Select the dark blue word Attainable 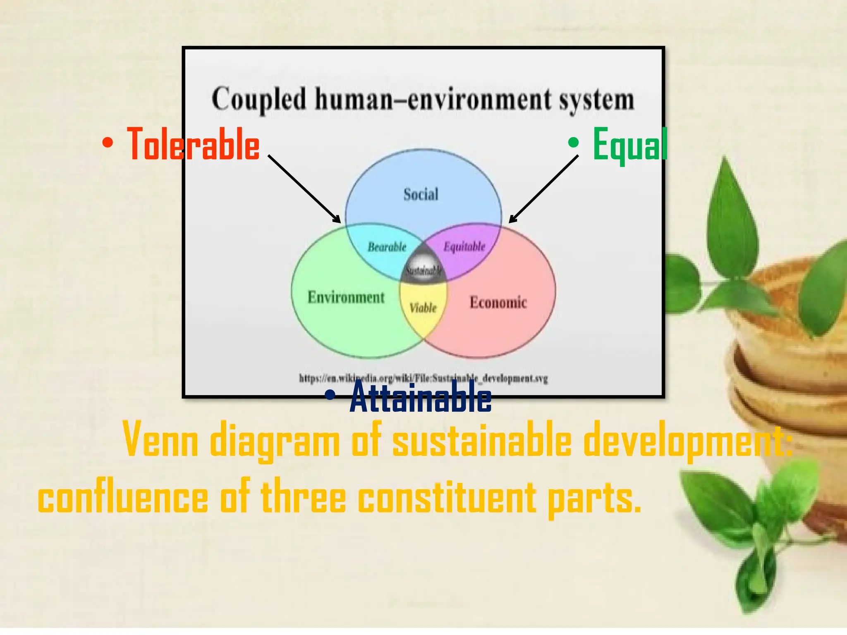point(421,397)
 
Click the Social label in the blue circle point(421,194)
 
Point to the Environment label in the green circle point(346,297)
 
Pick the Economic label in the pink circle point(498,302)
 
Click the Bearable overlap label point(387,247)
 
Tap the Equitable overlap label point(464,247)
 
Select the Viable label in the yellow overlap point(423,308)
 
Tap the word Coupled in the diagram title point(259,100)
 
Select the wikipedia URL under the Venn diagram point(423,378)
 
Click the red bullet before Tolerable point(108,143)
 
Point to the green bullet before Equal point(573,143)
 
